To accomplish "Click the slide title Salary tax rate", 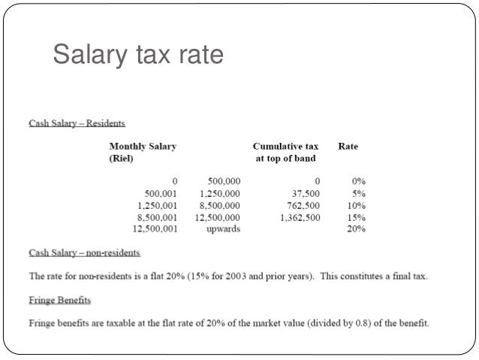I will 137,55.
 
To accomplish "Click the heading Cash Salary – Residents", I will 77,122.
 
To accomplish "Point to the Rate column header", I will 348,147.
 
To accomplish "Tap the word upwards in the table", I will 223,229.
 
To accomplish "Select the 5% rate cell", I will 357,193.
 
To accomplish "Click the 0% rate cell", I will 357,181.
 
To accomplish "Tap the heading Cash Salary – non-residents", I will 84,253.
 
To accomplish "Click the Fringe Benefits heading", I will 60,301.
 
